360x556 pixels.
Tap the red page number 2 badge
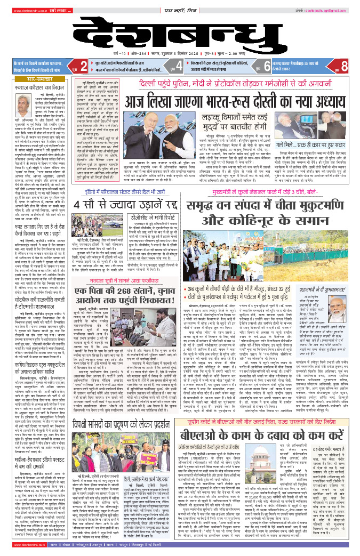tap(84, 67)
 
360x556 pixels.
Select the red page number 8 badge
tap(345, 67)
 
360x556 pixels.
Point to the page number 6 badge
tap(268, 67)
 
